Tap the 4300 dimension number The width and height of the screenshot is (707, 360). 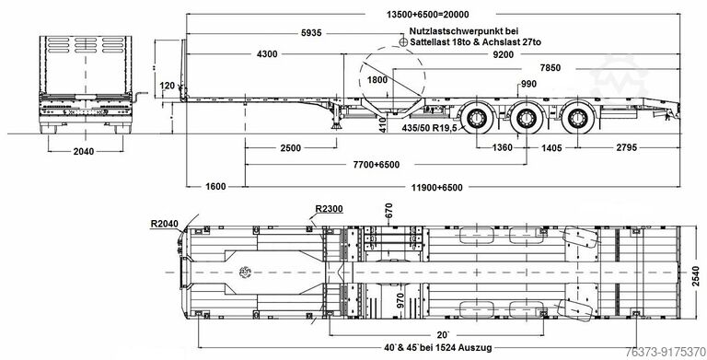(x=266, y=55)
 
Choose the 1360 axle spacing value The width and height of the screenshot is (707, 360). (x=503, y=147)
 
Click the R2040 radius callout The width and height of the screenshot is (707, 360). (x=166, y=224)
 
